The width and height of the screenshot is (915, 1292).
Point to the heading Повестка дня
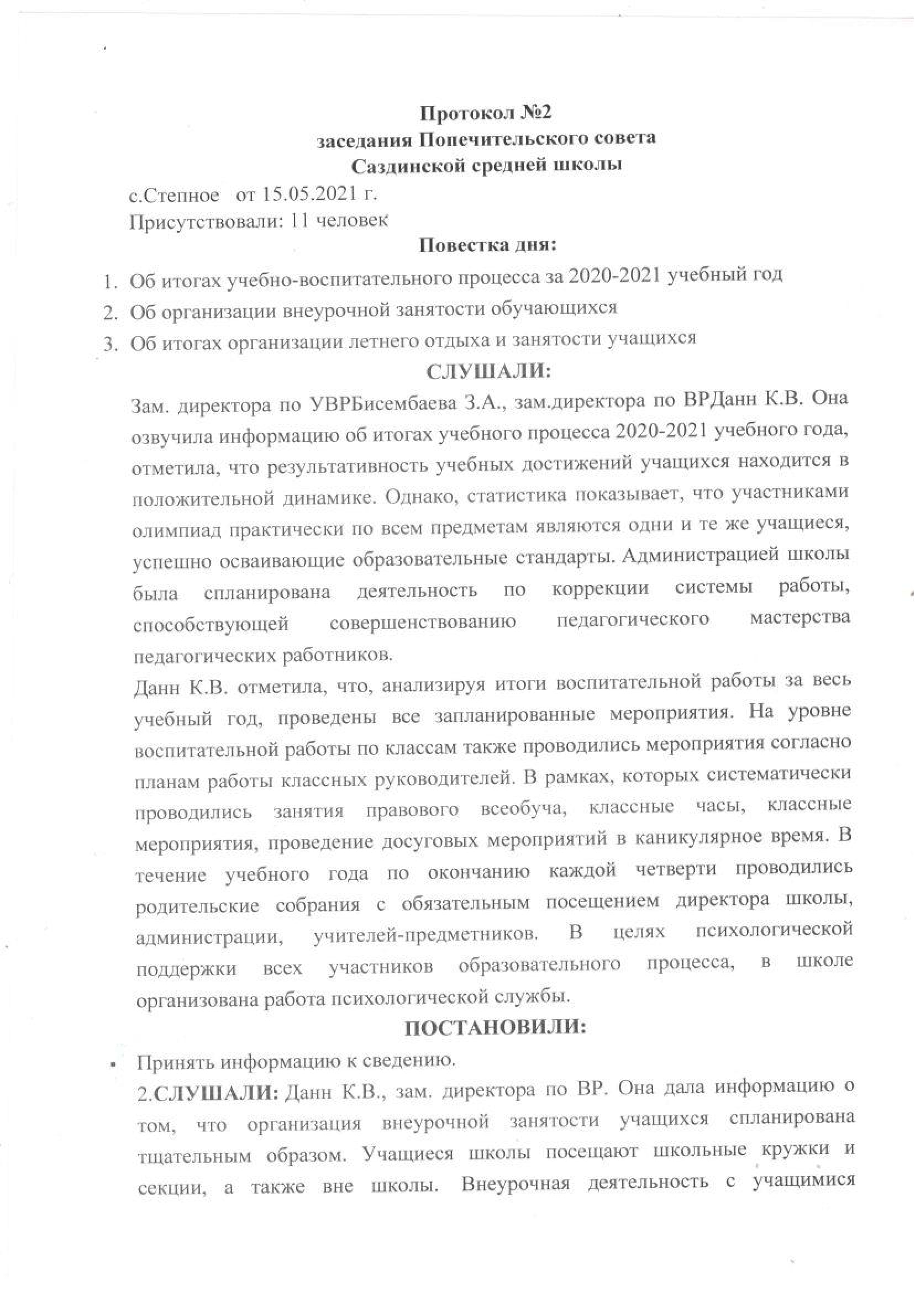pos(487,246)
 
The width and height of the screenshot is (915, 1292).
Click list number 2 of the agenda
pos(109,311)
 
